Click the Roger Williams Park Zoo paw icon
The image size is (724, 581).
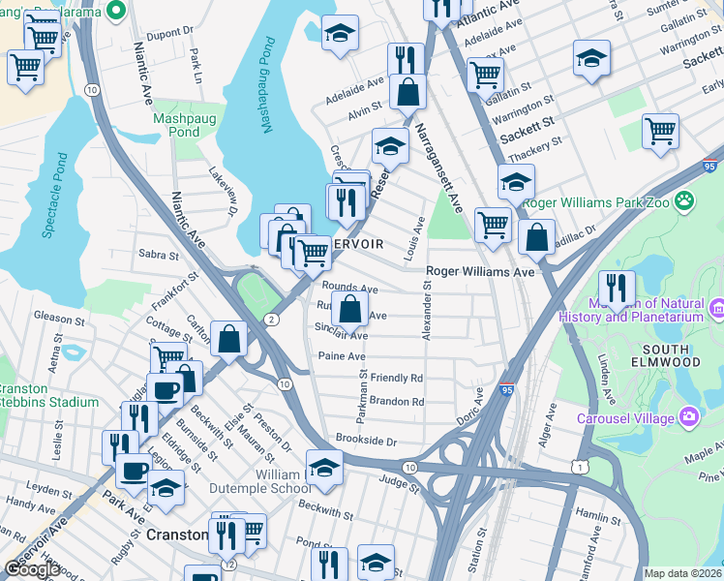(684, 200)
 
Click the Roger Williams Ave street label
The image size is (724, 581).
(481, 273)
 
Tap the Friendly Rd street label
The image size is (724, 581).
(397, 378)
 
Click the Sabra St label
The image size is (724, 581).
(159, 257)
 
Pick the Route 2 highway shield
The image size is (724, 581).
(274, 320)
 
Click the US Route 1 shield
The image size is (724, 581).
(578, 468)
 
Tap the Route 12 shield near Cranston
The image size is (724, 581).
(228, 565)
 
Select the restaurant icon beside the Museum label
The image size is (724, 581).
(617, 289)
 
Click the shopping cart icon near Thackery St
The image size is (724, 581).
(660, 131)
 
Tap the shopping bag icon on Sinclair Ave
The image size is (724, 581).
(350, 311)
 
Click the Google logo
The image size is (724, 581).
(32, 569)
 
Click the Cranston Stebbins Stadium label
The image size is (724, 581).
(48, 394)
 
